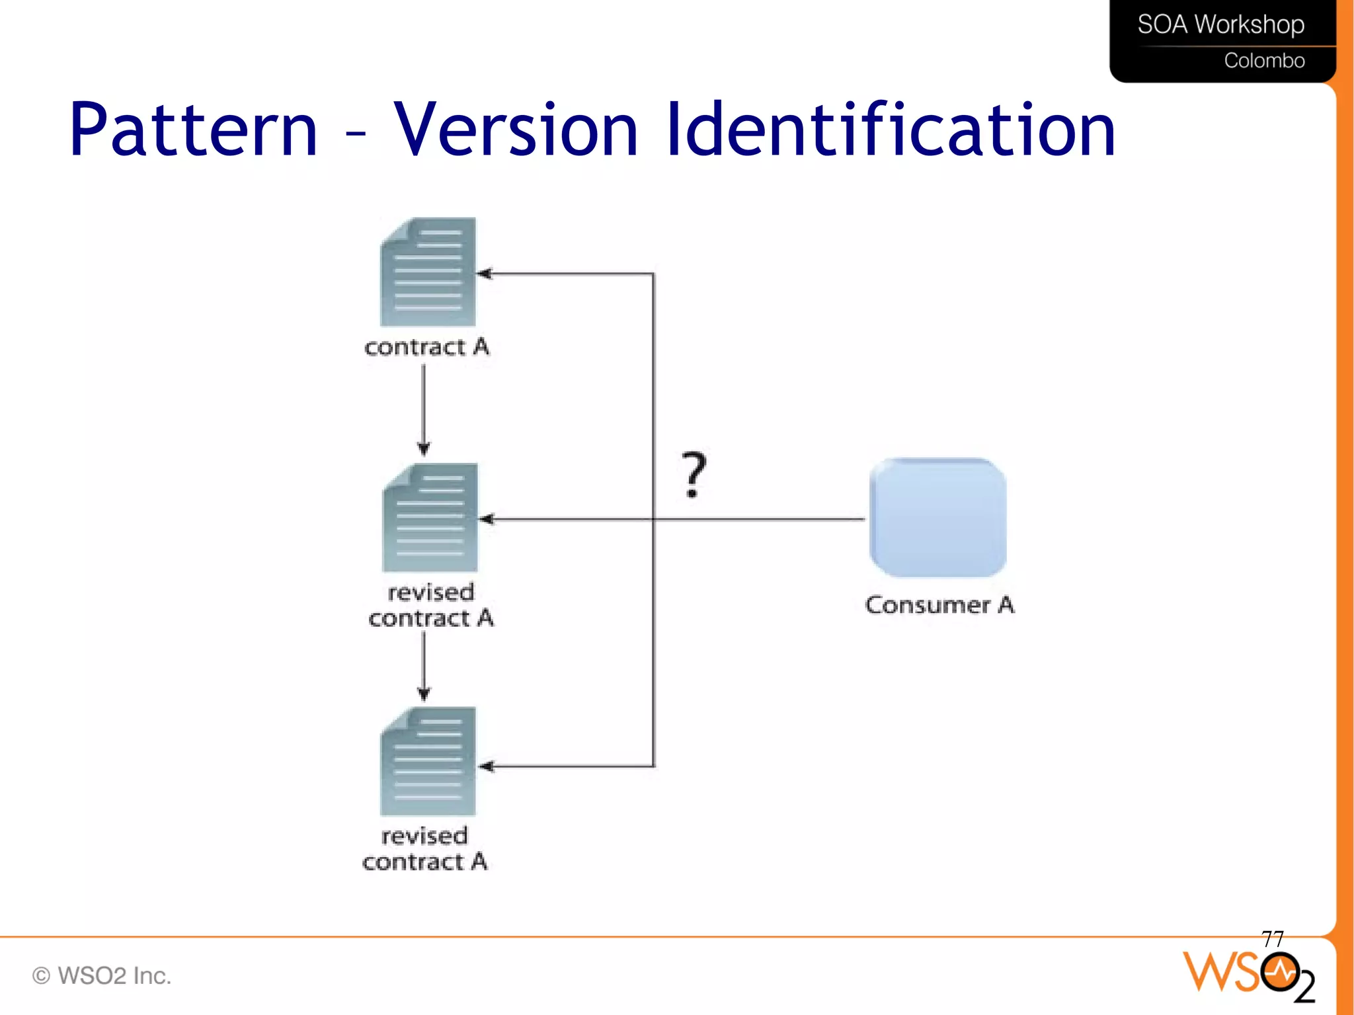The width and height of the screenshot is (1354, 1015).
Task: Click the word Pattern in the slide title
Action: click(193, 130)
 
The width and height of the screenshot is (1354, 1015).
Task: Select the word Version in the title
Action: click(516, 130)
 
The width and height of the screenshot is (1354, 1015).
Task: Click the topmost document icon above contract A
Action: click(428, 272)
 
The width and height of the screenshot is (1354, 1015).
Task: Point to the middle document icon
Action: click(430, 518)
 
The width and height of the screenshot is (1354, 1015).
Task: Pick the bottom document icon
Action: click(428, 761)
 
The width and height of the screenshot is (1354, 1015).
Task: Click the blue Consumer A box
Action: click(937, 517)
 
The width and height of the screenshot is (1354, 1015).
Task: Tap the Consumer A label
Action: click(939, 605)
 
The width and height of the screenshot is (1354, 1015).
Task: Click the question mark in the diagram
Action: click(694, 474)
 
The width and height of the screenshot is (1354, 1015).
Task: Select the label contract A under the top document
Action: click(427, 347)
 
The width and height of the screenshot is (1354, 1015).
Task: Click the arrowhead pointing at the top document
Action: click(485, 273)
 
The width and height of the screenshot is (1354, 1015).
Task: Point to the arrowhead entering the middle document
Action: click(487, 519)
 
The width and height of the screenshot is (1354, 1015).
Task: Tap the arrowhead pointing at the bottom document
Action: click(487, 766)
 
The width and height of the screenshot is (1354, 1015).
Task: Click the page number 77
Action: click(1272, 938)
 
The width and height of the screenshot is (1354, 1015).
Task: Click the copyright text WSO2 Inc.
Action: click(102, 976)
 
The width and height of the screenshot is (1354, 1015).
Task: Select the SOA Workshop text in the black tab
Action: click(1220, 24)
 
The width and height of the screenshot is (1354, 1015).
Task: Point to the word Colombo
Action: click(1264, 61)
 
